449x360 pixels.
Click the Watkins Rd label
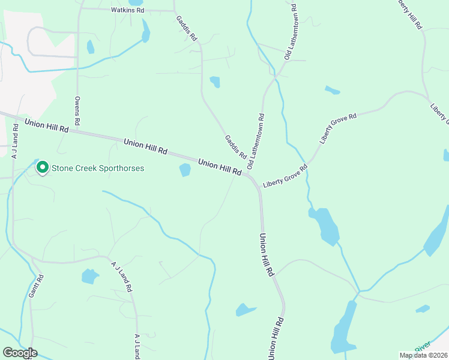[128, 10]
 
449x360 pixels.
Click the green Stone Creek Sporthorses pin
[43, 167]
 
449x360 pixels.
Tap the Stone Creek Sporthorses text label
[97, 169]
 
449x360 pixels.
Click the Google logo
[20, 353]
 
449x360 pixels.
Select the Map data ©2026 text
[423, 355]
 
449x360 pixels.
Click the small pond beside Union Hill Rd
[185, 170]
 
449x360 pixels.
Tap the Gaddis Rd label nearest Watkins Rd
[187, 28]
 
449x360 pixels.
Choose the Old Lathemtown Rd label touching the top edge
[291, 31]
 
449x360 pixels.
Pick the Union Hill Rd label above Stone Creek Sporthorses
[47, 125]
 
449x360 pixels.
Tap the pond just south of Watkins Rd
[145, 31]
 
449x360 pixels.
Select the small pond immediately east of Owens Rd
[91, 47]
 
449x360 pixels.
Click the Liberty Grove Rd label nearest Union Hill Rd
[285, 178]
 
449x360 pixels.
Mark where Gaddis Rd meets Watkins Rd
[174, 11]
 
